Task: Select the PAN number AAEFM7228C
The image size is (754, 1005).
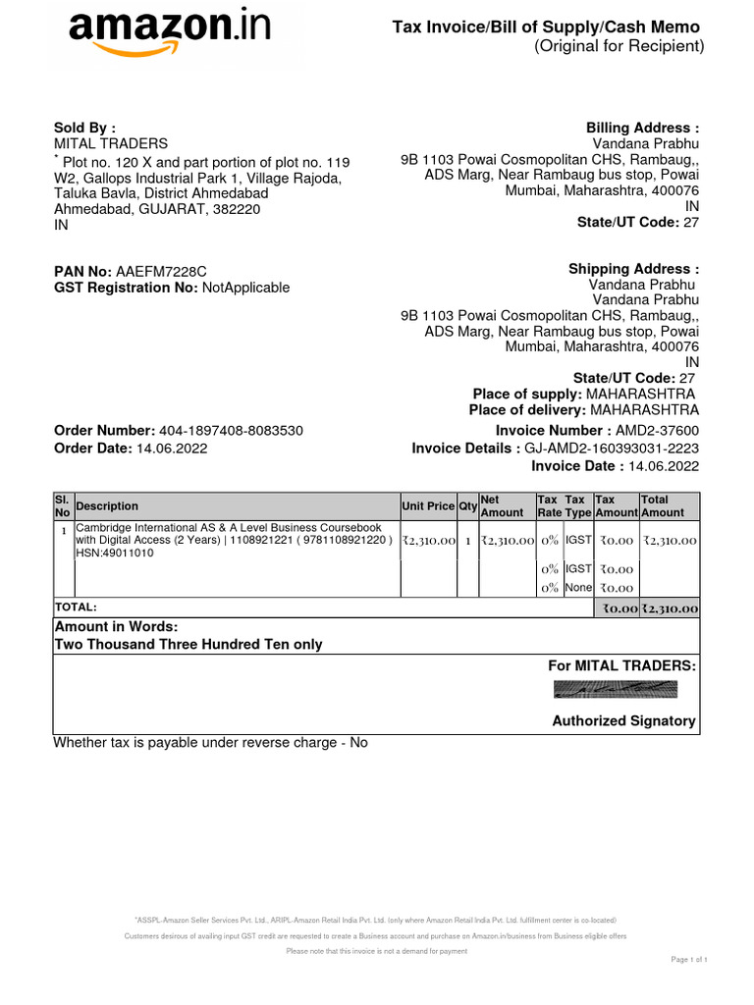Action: coord(161,271)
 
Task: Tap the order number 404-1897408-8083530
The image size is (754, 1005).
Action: coord(231,431)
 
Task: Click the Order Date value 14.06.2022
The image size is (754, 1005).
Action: coord(172,449)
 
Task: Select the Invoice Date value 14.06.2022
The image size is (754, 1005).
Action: coord(664,466)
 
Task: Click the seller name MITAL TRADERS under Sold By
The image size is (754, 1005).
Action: coord(110,143)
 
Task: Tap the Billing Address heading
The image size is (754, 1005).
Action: coord(642,128)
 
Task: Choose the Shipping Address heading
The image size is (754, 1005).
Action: coord(633,269)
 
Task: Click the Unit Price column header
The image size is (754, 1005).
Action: coord(428,506)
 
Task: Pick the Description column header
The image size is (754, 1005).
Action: coord(107,506)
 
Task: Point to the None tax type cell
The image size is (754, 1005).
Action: coord(578,588)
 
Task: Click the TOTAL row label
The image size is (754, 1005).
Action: coord(76,608)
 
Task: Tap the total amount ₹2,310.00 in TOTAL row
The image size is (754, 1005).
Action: coord(670,608)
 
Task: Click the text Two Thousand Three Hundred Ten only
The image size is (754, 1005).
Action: coord(188,645)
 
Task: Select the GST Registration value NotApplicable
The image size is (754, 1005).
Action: coord(245,288)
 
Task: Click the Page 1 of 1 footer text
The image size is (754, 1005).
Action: coord(689,959)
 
